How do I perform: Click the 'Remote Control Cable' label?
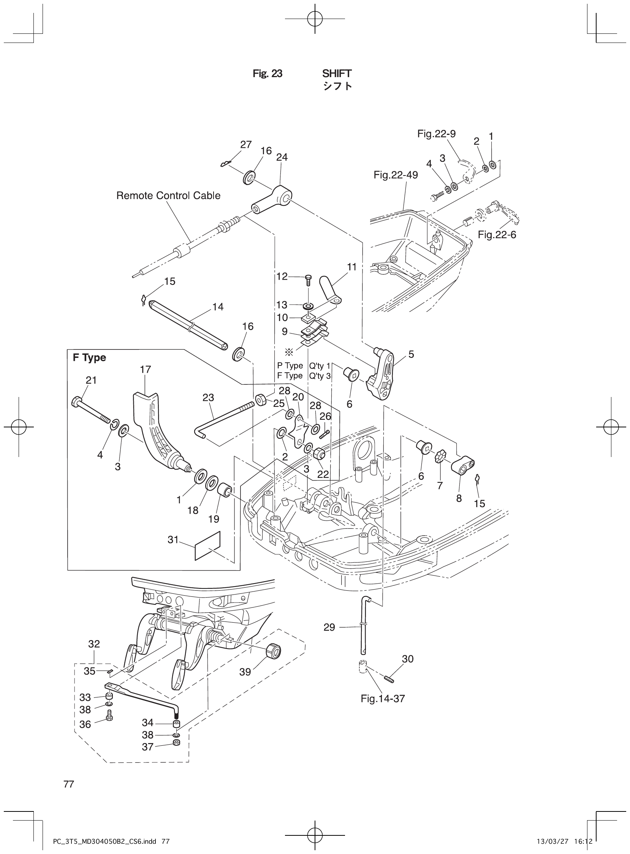click(x=168, y=196)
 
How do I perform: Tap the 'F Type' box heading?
click(x=89, y=357)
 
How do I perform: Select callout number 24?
click(x=282, y=157)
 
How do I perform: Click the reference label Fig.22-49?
click(x=396, y=175)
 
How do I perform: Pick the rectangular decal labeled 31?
click(x=207, y=547)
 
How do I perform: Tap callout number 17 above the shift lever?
click(x=145, y=369)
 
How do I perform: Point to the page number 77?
click(x=69, y=784)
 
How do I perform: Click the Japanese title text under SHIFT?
click(x=337, y=86)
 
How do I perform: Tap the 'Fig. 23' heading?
click(x=268, y=74)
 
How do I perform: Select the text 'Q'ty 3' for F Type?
click(x=320, y=376)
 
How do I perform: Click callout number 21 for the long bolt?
click(x=91, y=380)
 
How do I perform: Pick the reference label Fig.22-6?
click(x=497, y=235)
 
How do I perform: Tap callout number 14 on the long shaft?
click(x=218, y=307)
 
